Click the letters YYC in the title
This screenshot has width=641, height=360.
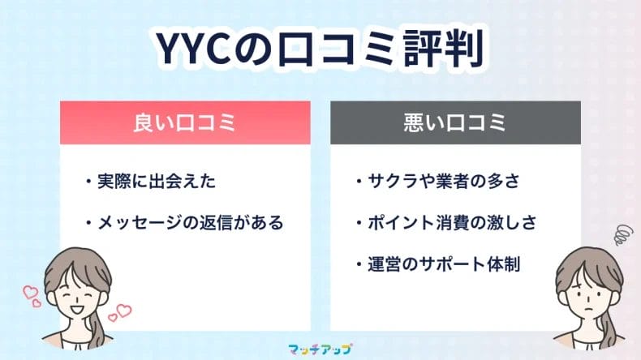point(189,51)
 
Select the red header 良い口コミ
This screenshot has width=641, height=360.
point(184,123)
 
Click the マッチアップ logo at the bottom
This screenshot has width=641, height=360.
point(320,349)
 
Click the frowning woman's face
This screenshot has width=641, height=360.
point(586,293)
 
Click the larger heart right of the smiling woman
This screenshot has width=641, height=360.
point(123,311)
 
